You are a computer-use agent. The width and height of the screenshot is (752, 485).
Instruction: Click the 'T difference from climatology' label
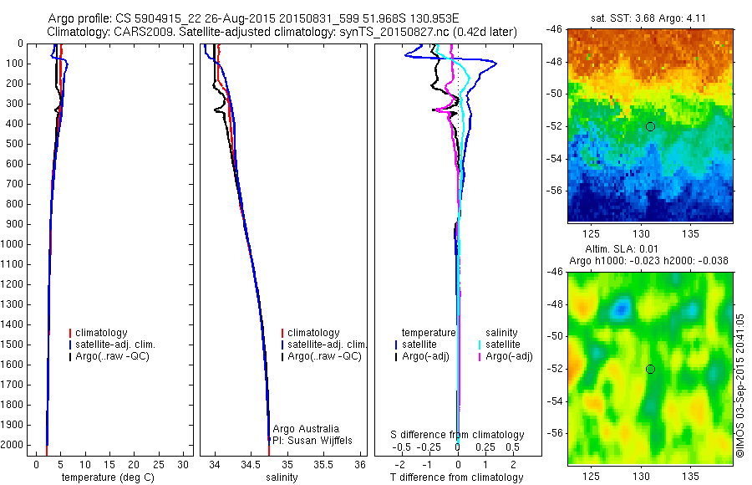457,477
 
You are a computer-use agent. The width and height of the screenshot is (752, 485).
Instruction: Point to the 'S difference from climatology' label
458,435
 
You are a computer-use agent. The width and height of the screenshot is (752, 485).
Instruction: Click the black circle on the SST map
650,127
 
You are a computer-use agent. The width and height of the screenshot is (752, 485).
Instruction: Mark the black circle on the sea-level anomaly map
650,369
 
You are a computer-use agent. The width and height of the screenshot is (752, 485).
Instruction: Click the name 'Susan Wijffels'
322,440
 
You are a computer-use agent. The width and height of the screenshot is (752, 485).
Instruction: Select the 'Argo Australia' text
306,429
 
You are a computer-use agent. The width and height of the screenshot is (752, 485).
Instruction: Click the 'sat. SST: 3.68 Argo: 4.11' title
650,18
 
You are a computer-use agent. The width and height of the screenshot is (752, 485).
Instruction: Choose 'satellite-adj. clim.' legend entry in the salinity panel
326,345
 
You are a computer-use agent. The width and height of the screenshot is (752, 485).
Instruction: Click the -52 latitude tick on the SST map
556,126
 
